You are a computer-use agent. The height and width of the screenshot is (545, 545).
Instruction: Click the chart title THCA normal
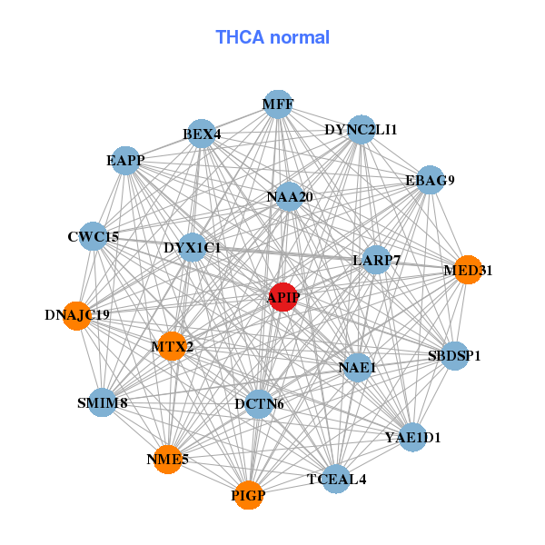pyautogui.click(x=272, y=37)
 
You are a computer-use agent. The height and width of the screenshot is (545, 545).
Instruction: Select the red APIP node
pyautogui.click(x=283, y=297)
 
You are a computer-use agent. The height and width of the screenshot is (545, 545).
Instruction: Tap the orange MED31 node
pyautogui.click(x=467, y=270)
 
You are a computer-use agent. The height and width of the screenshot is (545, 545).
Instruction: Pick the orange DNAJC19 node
pyautogui.click(x=77, y=315)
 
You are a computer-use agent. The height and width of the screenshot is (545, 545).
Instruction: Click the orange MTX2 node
pyautogui.click(x=172, y=346)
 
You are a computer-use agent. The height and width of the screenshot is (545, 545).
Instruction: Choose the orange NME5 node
pyautogui.click(x=167, y=460)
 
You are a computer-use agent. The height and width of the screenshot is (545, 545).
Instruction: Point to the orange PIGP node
pyautogui.click(x=248, y=495)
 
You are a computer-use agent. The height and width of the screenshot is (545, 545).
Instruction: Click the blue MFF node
pyautogui.click(x=278, y=104)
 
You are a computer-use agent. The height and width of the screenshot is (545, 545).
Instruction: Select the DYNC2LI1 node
pyautogui.click(x=362, y=130)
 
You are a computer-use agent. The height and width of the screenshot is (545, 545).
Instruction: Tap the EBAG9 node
pyautogui.click(x=430, y=180)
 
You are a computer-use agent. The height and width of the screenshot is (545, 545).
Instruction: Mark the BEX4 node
pyautogui.click(x=202, y=135)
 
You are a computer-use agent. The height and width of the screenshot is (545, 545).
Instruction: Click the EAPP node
pyautogui.click(x=125, y=162)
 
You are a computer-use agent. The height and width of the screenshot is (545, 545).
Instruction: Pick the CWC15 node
pyautogui.click(x=94, y=237)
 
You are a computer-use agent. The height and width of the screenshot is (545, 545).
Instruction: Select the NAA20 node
pyautogui.click(x=289, y=197)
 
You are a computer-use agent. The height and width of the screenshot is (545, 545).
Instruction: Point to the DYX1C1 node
pyautogui.click(x=193, y=247)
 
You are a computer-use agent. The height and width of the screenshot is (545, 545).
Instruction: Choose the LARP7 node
pyautogui.click(x=376, y=261)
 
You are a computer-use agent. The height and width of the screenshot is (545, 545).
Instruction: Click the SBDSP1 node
pyautogui.click(x=454, y=355)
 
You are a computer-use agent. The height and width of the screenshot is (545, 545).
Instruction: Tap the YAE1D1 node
pyautogui.click(x=412, y=438)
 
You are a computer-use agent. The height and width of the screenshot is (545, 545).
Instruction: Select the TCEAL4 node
pyautogui.click(x=336, y=479)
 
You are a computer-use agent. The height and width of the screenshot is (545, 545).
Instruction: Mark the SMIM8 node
pyautogui.click(x=102, y=402)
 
